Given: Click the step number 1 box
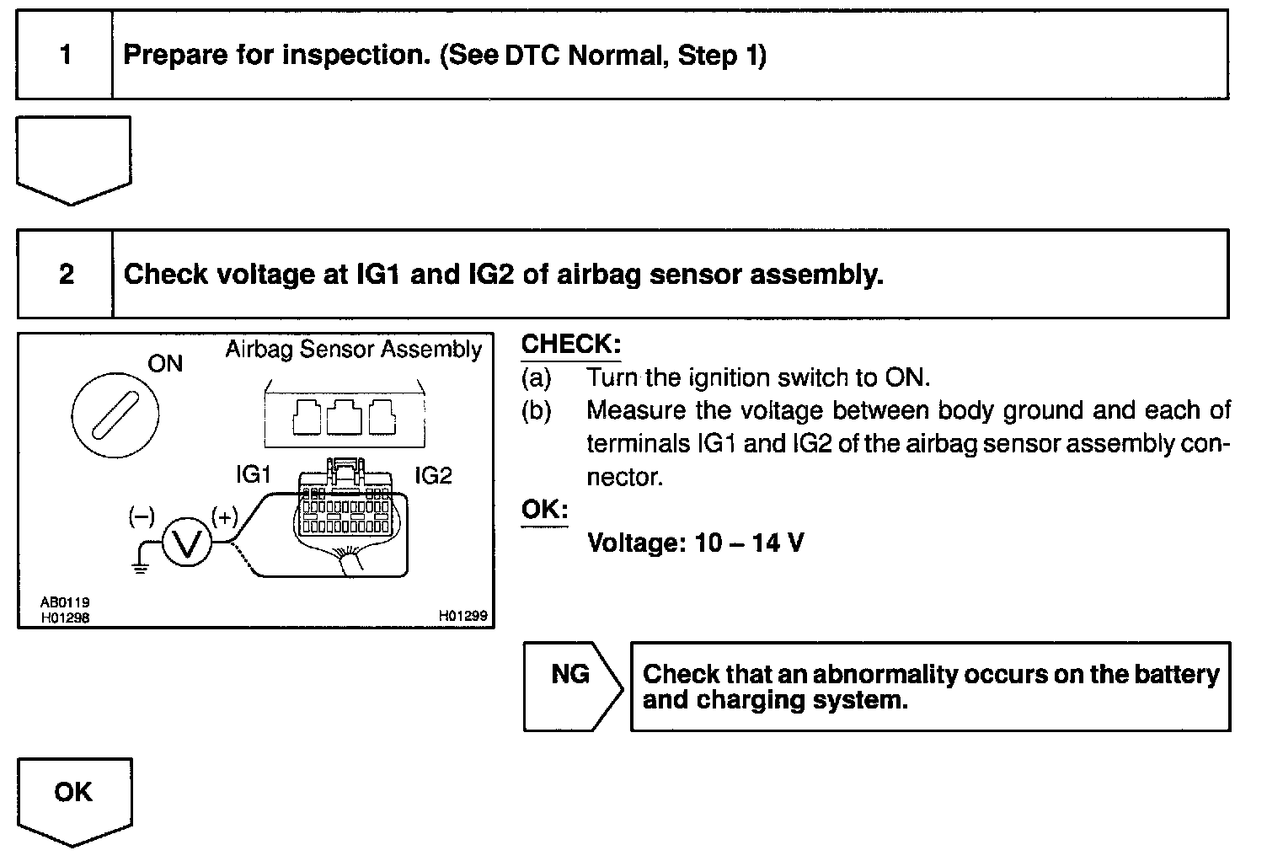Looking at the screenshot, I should pyautogui.click(x=65, y=56).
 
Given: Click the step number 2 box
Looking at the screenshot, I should pyautogui.click(x=66, y=275).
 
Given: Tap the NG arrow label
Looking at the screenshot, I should pyautogui.click(x=570, y=675).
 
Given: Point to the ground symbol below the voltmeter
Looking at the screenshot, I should pyautogui.click(x=140, y=566).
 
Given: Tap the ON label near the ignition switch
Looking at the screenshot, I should pyautogui.click(x=165, y=363).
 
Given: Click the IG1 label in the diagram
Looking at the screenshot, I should pyautogui.click(x=254, y=475).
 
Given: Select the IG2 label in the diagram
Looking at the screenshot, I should pyautogui.click(x=433, y=476).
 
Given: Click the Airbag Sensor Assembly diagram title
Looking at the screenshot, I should pyautogui.click(x=353, y=350).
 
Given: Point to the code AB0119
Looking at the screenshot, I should pyautogui.click(x=65, y=602).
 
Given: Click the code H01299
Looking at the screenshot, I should pyautogui.click(x=462, y=617).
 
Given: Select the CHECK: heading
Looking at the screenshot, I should pyautogui.click(x=570, y=345).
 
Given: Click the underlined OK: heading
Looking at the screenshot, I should pyautogui.click(x=544, y=510).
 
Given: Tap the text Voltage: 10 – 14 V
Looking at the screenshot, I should pyautogui.click(x=695, y=543).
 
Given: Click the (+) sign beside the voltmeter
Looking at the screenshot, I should pyautogui.click(x=224, y=516).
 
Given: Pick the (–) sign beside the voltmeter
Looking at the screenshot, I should pyautogui.click(x=142, y=516).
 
